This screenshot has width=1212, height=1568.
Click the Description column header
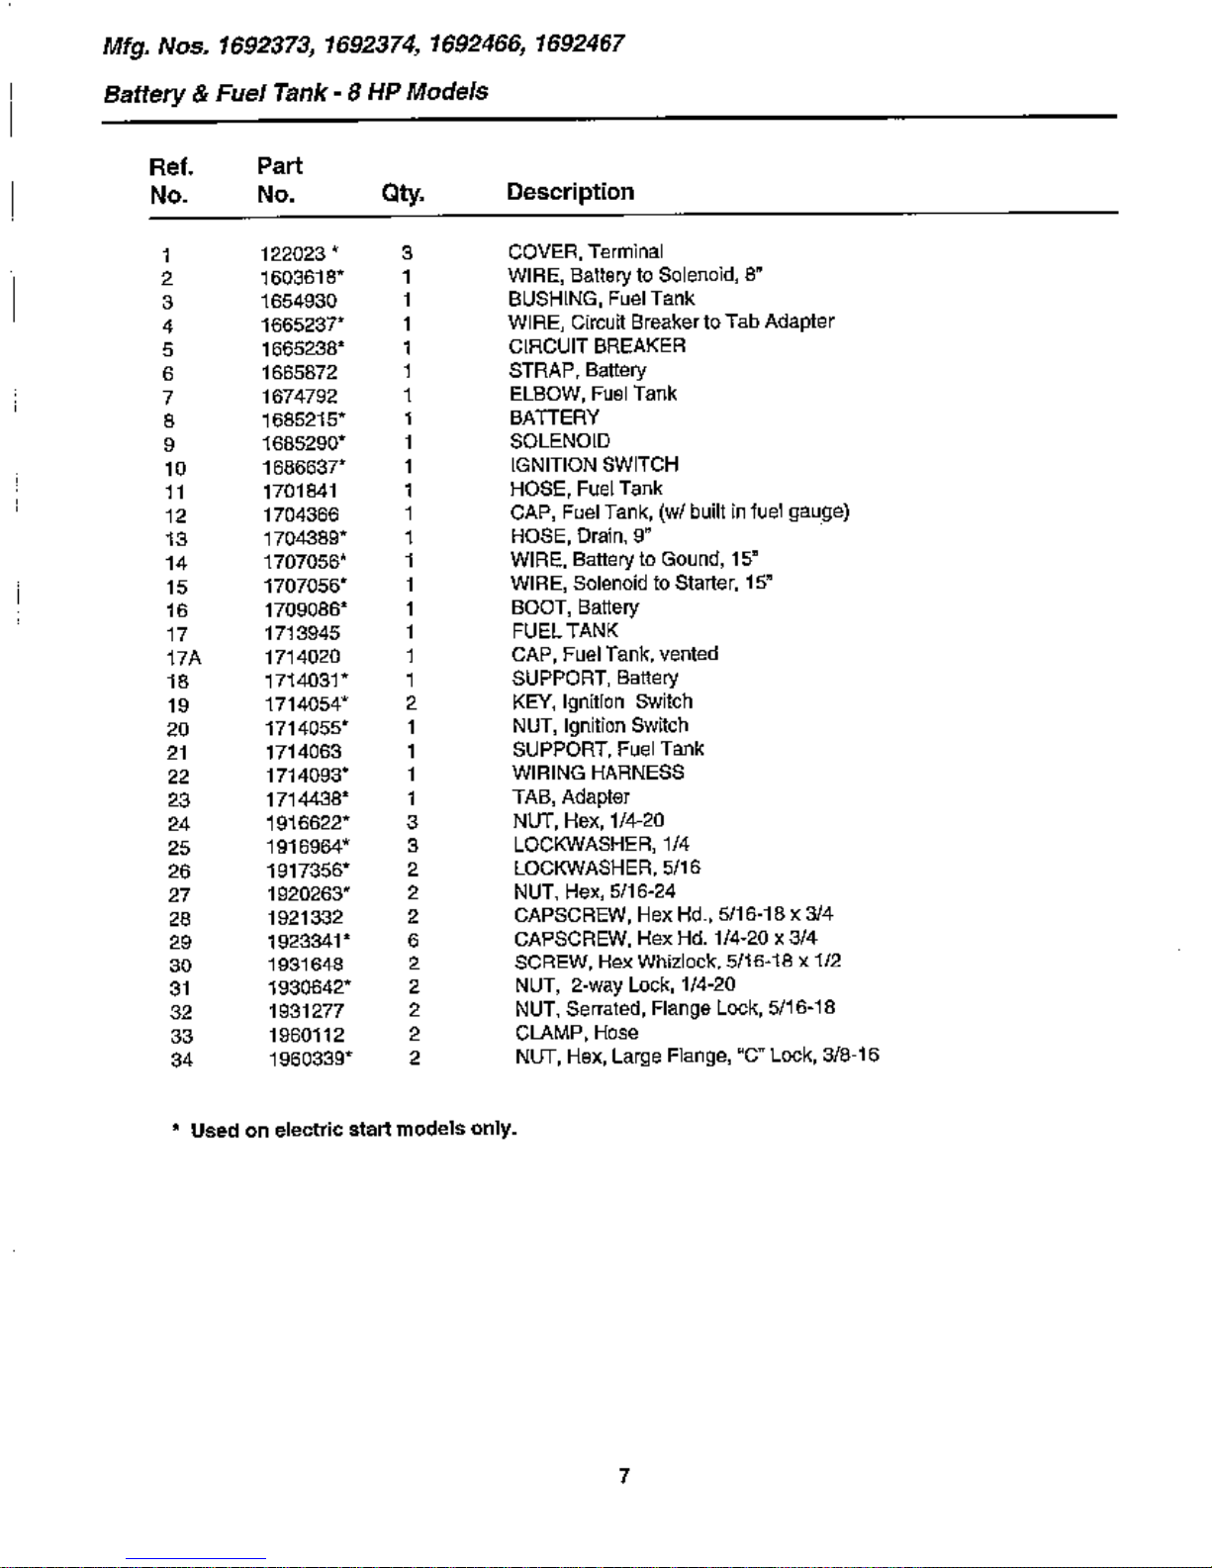point(570,192)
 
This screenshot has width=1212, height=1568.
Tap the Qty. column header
point(403,193)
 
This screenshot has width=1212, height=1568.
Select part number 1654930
point(299,301)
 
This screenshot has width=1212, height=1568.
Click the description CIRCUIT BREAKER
point(597,346)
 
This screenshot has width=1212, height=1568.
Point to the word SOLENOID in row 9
point(559,441)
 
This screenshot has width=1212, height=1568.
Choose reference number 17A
point(183,658)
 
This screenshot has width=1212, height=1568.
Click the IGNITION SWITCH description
point(594,465)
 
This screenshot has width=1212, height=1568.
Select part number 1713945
point(302,633)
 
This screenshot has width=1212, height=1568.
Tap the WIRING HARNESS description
point(598,773)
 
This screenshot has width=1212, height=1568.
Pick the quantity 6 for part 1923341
point(413,940)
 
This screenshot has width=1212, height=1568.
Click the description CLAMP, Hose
point(576,1033)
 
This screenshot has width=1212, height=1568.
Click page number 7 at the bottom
point(623,1476)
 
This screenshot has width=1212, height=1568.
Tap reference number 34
point(181,1061)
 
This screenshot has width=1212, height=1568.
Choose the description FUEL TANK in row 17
point(564,631)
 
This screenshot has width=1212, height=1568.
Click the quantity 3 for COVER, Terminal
point(407,253)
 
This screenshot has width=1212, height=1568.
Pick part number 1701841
point(300,492)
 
